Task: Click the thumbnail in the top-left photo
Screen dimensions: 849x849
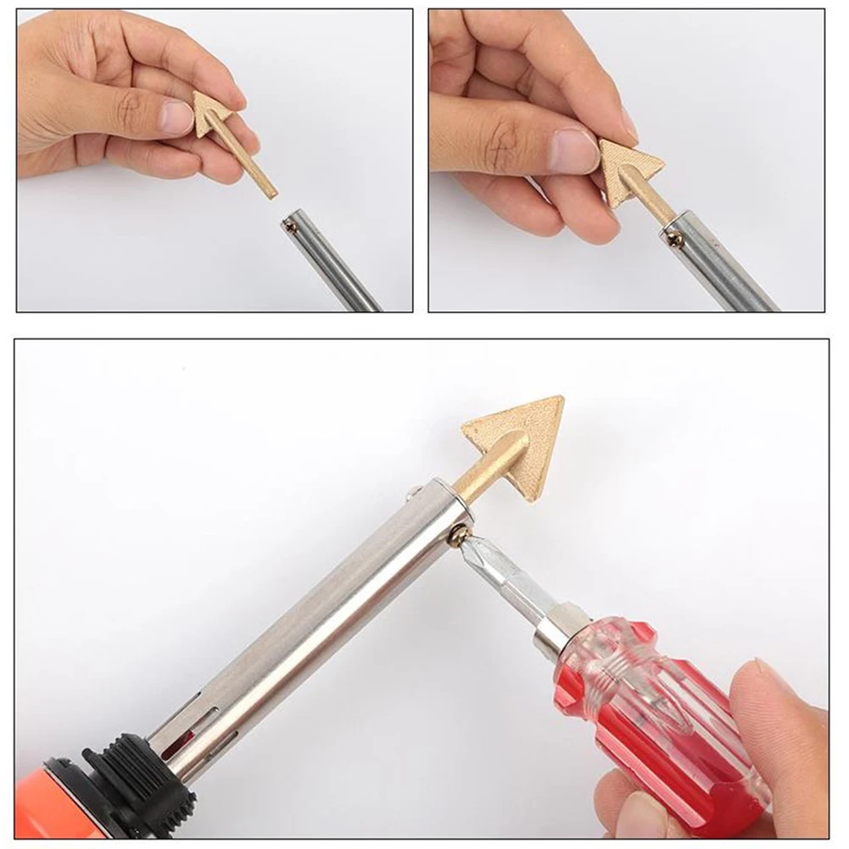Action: (x=175, y=118)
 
